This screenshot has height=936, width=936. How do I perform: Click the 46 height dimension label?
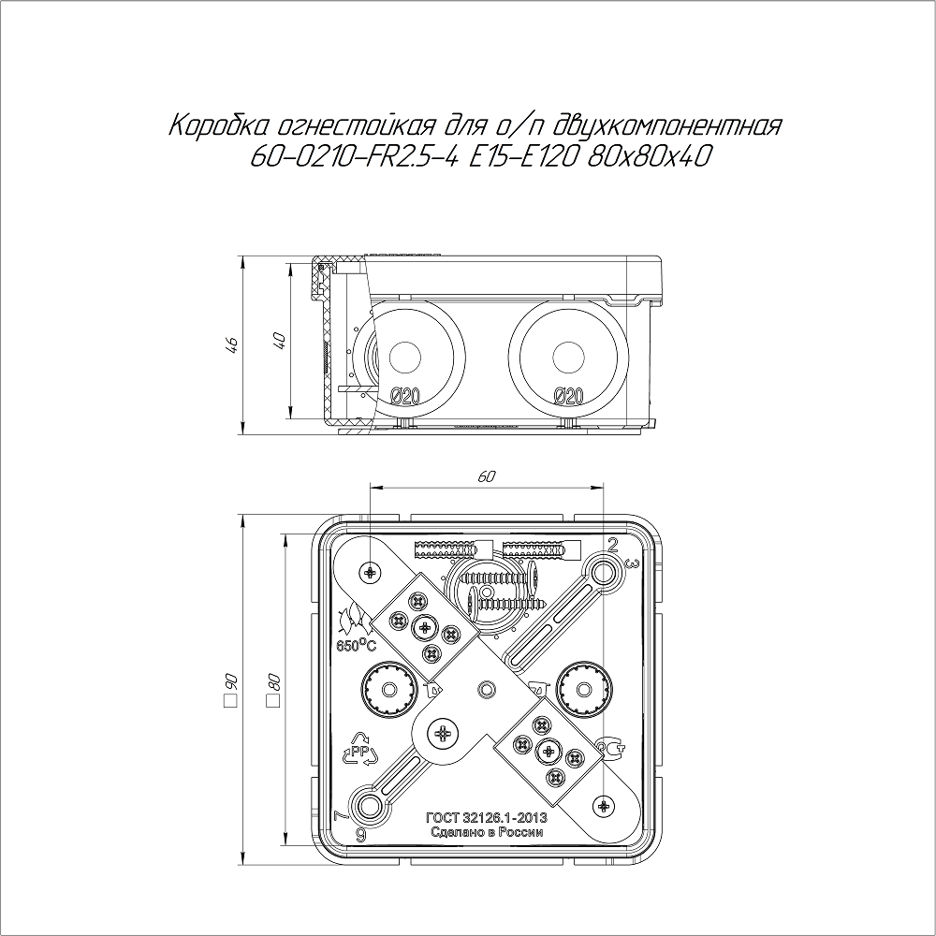[233, 345]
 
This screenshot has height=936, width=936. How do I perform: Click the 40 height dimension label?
[280, 341]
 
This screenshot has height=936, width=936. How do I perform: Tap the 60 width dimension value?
[487, 476]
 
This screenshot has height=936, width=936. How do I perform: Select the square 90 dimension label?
[230, 690]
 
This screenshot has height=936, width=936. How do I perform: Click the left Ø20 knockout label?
[405, 396]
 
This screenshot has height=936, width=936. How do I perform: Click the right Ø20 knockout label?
[568, 396]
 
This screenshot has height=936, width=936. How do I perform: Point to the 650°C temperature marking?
[356, 645]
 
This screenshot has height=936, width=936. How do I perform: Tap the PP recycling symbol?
[359, 749]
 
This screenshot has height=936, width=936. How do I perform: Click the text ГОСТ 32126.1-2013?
[487, 818]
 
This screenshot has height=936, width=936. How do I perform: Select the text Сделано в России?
[487, 832]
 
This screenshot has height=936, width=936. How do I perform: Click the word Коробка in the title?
[220, 126]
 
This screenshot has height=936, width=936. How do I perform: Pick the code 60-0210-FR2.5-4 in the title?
[355, 157]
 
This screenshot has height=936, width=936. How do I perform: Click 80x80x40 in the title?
[651, 157]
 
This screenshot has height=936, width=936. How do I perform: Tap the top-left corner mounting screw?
[371, 573]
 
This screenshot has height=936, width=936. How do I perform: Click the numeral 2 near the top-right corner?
[613, 543]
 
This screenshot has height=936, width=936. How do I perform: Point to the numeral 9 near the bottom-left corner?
[360, 836]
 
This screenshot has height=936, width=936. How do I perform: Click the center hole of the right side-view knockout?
[568, 358]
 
